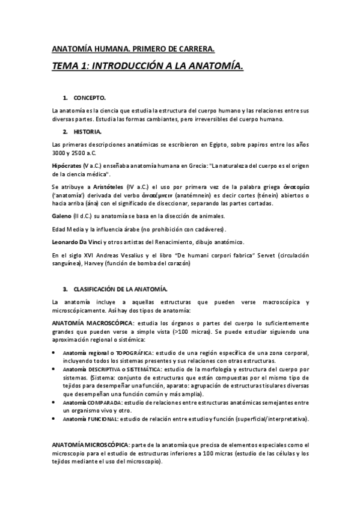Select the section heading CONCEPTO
point(90,97)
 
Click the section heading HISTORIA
point(88,131)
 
